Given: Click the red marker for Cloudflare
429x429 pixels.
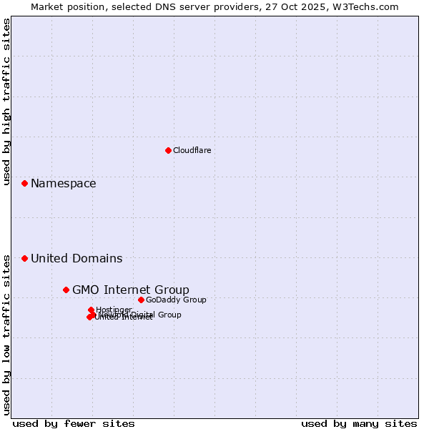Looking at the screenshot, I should [168, 150].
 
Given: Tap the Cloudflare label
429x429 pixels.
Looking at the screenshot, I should [192, 150].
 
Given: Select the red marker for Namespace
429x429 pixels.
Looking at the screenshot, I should [24, 184].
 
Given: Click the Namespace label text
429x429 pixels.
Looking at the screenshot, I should [63, 184].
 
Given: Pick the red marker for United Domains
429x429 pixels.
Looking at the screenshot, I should [24, 258].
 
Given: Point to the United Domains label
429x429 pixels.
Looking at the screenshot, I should [77, 258].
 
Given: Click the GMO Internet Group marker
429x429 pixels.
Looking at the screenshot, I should [66, 290].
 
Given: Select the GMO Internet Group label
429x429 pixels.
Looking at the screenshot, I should [131, 290].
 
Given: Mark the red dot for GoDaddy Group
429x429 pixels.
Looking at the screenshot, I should [141, 300].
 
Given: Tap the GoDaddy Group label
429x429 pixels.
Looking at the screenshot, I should [176, 300].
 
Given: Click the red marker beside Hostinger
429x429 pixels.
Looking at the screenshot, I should [91, 310].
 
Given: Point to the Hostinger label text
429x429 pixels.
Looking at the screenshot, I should [114, 310].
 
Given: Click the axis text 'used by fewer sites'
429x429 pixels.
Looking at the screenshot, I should [74, 423].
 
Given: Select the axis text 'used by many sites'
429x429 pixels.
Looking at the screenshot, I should [359, 423].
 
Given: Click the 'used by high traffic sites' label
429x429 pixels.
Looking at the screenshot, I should [6, 102].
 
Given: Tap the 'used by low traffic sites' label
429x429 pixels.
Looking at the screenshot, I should [6, 335].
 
